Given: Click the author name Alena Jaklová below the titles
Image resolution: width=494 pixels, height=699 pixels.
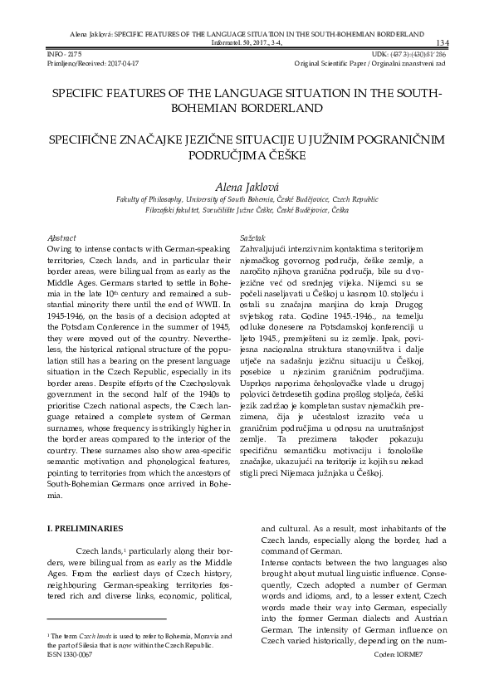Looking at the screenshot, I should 247,188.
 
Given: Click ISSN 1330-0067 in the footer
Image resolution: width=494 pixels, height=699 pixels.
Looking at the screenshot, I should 70,654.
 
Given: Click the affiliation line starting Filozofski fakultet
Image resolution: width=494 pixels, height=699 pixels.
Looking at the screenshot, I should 247,212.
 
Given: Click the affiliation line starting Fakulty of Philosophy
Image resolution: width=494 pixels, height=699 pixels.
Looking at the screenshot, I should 247,201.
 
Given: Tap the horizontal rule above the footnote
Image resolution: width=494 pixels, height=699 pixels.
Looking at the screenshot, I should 106,618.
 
